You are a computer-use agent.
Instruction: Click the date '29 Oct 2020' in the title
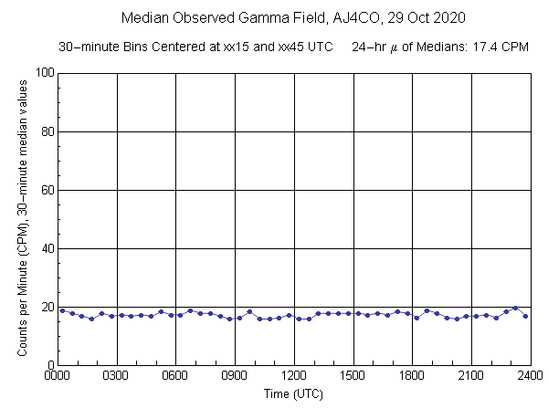click(424, 17)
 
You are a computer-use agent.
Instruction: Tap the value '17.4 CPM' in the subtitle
click(506, 47)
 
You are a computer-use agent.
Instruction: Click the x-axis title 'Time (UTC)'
click(293, 393)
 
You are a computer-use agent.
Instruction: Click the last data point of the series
click(525, 316)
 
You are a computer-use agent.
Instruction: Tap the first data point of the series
click(62, 310)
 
